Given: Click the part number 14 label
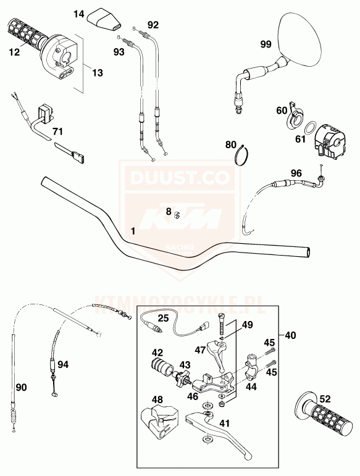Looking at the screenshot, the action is (79, 14).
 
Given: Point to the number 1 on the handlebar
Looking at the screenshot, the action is (133, 231).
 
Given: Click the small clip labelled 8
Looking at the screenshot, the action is (177, 215).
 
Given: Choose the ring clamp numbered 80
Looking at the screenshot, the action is (242, 154).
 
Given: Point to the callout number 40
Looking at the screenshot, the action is (290, 335).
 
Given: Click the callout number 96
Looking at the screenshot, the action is (296, 173).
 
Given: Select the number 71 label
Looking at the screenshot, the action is (57, 132).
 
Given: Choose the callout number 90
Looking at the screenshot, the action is (21, 387).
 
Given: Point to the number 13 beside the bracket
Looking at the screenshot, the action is (98, 73).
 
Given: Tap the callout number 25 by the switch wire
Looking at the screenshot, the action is (163, 318).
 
